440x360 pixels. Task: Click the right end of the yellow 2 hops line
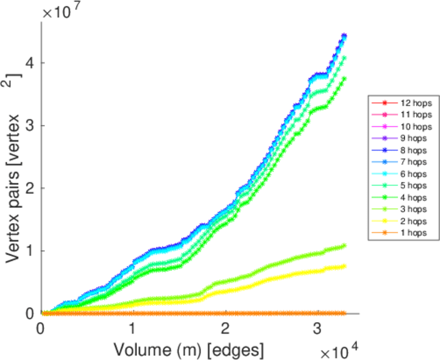(344, 266)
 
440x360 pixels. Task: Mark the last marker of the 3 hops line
(344, 245)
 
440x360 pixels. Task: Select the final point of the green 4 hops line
(344, 78)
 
